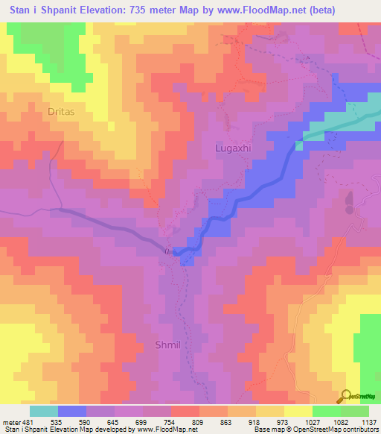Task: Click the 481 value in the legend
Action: (29, 421)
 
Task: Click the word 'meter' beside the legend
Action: (11, 421)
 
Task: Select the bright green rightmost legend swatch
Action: (354, 411)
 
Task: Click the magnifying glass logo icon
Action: (345, 396)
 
